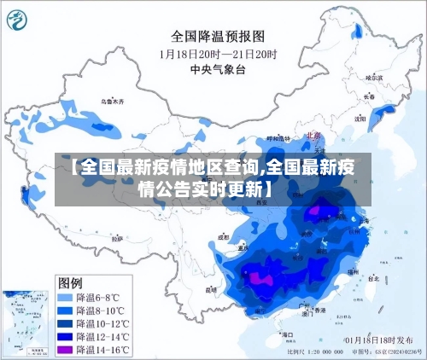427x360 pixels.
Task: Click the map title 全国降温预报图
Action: click(218, 37)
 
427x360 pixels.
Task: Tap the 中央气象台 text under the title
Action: click(217, 68)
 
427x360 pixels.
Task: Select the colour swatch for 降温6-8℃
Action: click(65, 298)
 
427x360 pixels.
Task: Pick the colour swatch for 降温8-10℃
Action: click(65, 311)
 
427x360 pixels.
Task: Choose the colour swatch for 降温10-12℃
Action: click(65, 323)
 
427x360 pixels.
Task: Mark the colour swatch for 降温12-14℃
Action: click(65, 336)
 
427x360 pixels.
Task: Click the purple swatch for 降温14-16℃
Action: click(65, 349)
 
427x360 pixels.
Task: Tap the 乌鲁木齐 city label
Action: click(112, 102)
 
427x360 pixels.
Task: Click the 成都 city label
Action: click(224, 237)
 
